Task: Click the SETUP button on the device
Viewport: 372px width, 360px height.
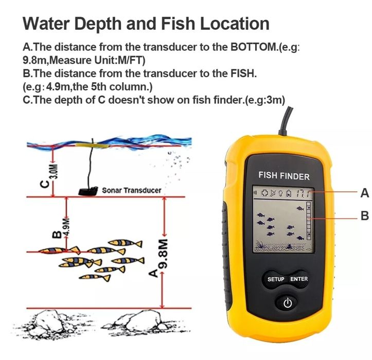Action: pos(276,279)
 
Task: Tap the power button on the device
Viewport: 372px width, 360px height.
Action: pos(287,303)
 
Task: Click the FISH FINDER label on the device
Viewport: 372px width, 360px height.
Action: pos(284,176)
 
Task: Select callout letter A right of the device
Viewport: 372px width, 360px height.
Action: pos(364,193)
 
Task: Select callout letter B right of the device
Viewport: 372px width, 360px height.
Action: pos(364,216)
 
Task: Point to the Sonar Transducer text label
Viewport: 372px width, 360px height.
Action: pos(131,190)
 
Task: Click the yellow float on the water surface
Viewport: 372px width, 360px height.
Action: pos(91,146)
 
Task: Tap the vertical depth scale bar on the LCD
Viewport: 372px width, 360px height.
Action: pos(308,222)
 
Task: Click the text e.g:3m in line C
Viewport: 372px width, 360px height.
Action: pos(265,99)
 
